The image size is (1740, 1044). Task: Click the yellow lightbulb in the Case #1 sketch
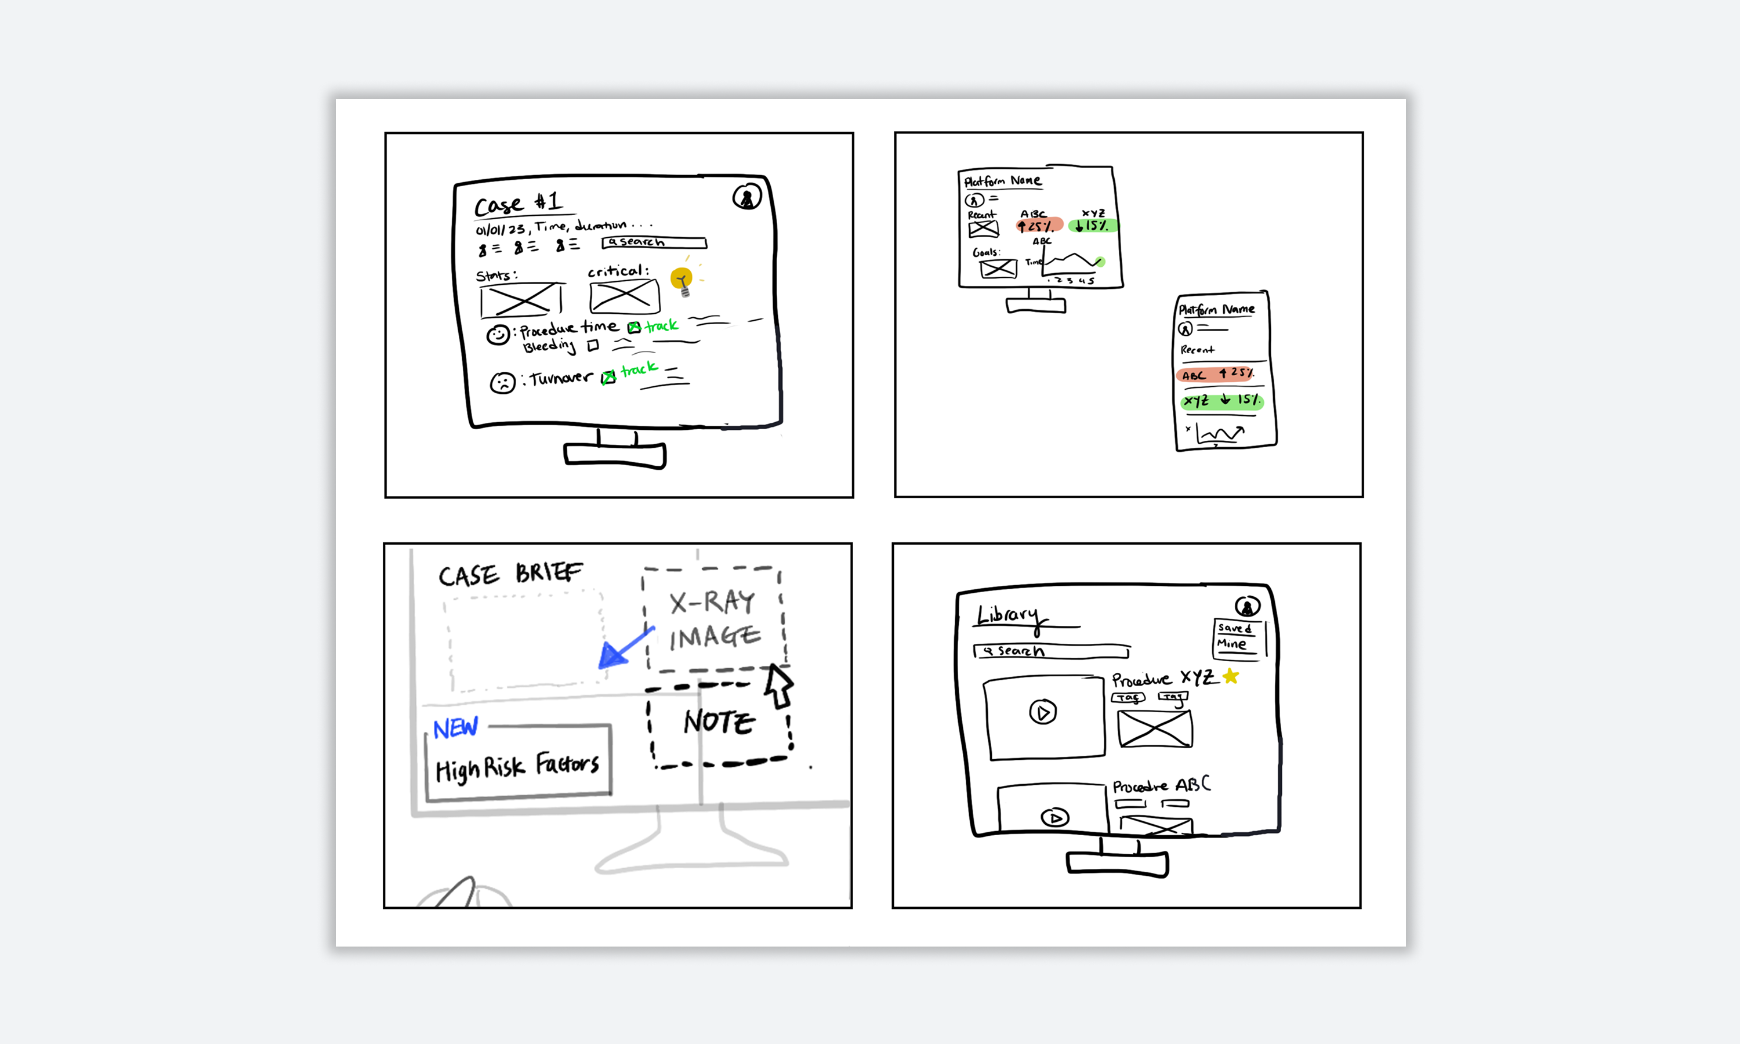pyautogui.click(x=681, y=280)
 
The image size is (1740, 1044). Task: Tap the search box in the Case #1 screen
pyautogui.click(x=654, y=242)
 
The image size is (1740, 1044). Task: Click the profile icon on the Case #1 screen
pyautogui.click(x=746, y=197)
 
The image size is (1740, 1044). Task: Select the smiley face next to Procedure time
pyautogui.click(x=498, y=335)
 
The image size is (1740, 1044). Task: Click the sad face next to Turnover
pyautogui.click(x=502, y=383)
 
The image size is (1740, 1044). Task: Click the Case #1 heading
pyautogui.click(x=519, y=204)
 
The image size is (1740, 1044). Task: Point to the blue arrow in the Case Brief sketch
pyautogui.click(x=624, y=648)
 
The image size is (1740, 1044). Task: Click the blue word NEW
pyautogui.click(x=455, y=728)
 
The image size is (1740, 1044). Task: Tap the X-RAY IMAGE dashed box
pyautogui.click(x=713, y=619)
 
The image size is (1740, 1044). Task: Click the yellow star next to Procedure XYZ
pyautogui.click(x=1230, y=677)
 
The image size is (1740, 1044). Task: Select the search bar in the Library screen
pyautogui.click(x=1052, y=651)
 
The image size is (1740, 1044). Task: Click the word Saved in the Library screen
pyautogui.click(x=1234, y=628)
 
